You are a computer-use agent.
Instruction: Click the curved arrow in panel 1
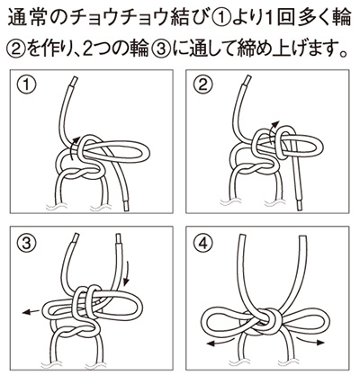72,147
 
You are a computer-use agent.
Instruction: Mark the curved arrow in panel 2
273,133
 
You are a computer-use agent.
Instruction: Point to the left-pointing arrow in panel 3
31,312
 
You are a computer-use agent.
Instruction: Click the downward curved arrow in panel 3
127,272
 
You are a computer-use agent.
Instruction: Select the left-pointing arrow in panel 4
221,342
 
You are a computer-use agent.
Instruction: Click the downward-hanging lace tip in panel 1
127,206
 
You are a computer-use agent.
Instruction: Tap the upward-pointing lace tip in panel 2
247,81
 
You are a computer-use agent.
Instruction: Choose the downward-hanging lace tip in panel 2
300,206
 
